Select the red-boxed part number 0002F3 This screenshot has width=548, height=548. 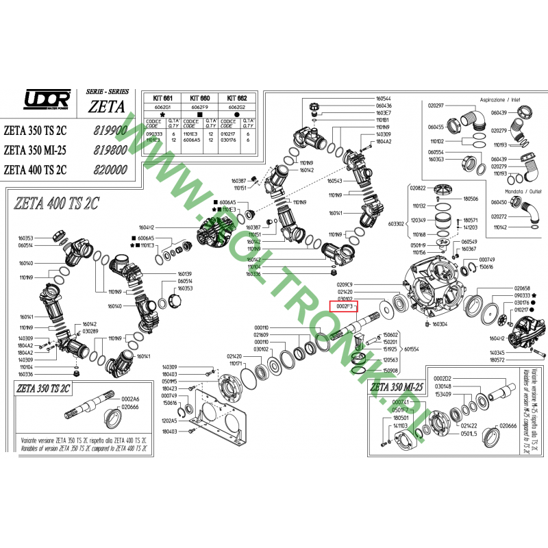point(344,307)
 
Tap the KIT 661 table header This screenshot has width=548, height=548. point(161,98)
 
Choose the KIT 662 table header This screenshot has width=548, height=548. point(237,98)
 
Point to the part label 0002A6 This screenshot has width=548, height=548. point(130,399)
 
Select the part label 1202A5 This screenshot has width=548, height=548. point(169,420)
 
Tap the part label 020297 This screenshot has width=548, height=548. point(436,106)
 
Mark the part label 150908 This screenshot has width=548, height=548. point(390,370)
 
